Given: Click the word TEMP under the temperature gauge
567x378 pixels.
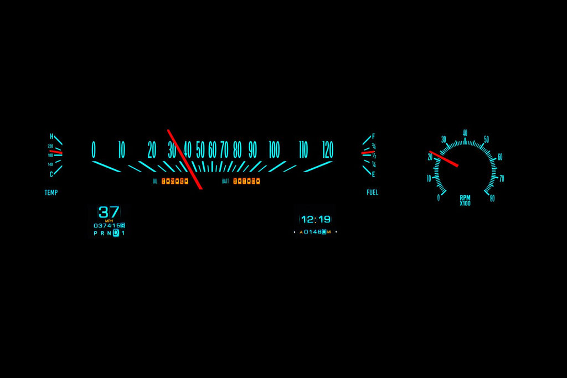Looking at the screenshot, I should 51,193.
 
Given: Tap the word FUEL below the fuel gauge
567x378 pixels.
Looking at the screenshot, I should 373,193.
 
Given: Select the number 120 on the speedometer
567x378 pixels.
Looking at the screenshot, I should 328,149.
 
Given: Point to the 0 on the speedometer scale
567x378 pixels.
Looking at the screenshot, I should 94,149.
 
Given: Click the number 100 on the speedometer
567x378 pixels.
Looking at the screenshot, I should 274,149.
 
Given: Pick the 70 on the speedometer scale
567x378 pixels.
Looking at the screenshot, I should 224,149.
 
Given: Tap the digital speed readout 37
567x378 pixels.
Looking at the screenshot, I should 109,212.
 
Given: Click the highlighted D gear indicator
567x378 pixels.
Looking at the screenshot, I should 116,233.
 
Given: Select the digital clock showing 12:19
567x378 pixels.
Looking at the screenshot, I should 316,219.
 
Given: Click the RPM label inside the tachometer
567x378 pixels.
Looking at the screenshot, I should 465,198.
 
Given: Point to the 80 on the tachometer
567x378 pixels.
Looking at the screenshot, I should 492,198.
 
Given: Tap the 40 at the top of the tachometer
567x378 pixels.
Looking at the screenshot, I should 465,133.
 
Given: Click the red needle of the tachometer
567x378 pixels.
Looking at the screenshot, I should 444,158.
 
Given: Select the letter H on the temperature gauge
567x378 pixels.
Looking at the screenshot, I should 51,136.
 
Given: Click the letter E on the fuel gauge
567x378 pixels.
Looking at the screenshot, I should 373,174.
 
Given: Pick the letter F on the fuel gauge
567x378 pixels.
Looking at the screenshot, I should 373,136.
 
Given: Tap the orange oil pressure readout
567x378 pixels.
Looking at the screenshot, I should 175,181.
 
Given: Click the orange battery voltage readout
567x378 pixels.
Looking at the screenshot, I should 246,181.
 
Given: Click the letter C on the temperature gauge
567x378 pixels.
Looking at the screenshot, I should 51,174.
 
